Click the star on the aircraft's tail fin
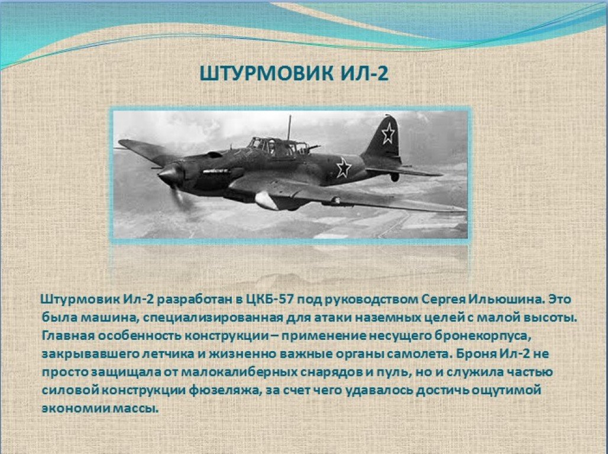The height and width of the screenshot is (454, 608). [388, 134]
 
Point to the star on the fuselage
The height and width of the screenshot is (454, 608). [343, 167]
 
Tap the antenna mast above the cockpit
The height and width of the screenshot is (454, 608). [289, 127]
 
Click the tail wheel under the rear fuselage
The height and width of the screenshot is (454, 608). [394, 177]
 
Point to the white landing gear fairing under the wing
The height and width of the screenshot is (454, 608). [266, 200]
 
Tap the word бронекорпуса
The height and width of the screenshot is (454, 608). [481, 336]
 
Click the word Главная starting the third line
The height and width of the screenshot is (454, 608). [68, 336]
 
